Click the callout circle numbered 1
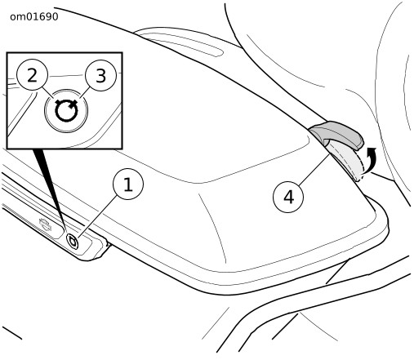click(128, 184)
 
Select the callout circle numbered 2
click(32, 75)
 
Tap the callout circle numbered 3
click(100, 75)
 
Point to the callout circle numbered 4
click(288, 197)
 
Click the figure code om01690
click(34, 17)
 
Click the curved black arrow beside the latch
click(370, 160)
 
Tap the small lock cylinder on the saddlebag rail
click(73, 241)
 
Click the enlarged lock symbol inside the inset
click(66, 110)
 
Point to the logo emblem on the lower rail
click(45, 224)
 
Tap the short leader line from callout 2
click(48, 93)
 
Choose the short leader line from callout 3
click(84, 92)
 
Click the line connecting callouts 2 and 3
click(67, 75)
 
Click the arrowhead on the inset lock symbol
click(73, 104)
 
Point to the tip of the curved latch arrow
click(373, 149)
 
